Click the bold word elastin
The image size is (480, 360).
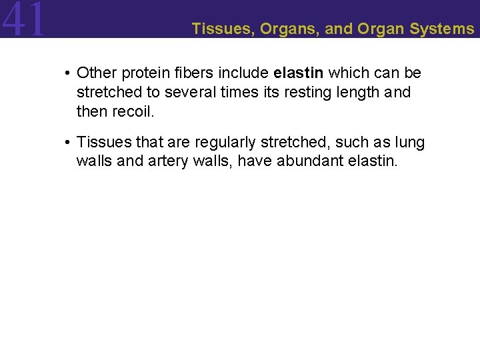[x=298, y=72]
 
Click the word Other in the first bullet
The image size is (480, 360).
[x=97, y=72]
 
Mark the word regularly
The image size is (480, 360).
[x=225, y=142]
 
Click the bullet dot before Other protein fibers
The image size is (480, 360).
[x=69, y=72]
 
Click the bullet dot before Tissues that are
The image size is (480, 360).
[x=69, y=142]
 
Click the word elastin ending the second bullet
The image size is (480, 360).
[x=374, y=161]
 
